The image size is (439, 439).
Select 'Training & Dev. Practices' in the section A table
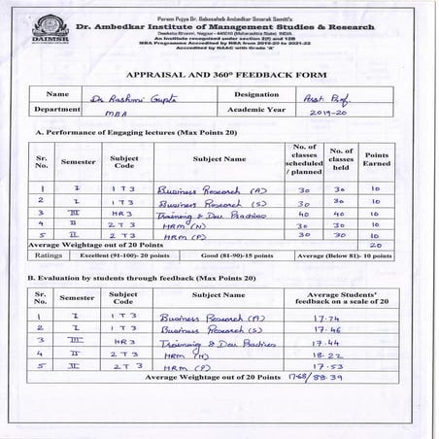(x=201, y=216)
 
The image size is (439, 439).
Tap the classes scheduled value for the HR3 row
(x=303, y=216)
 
